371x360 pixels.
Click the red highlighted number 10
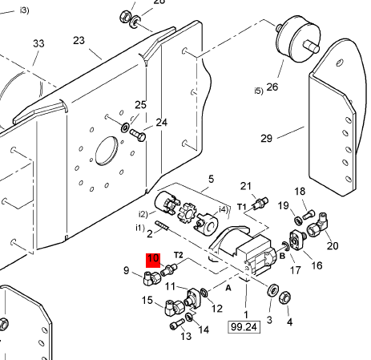[x=153, y=261]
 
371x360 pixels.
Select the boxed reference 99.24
[x=244, y=327]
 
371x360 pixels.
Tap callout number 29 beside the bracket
[x=266, y=139]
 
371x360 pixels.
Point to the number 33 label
[x=38, y=43]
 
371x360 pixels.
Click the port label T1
[x=242, y=207]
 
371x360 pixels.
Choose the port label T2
[x=179, y=255]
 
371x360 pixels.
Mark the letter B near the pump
[x=282, y=256]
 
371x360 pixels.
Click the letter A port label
[x=228, y=288]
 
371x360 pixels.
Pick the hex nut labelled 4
[x=284, y=297]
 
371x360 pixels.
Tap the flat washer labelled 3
[x=273, y=290]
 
